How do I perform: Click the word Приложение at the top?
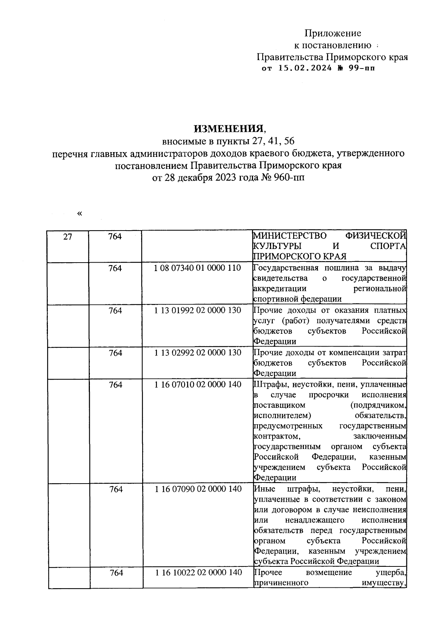tap(333, 34)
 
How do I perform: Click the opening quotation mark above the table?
tap(80, 214)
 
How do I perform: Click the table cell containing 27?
tap(67, 236)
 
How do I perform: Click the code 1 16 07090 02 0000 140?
tap(198, 489)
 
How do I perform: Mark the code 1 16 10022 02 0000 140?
tap(198, 572)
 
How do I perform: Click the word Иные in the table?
tap(263, 489)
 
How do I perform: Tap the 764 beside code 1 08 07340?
tap(115, 268)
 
